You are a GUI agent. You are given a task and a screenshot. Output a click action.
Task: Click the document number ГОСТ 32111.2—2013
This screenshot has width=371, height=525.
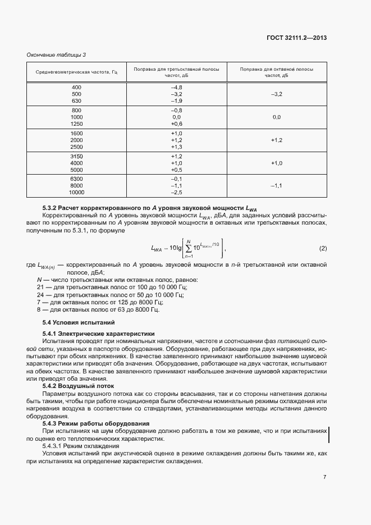tap(296, 38)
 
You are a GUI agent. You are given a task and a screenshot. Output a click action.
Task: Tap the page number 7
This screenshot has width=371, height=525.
tap(324, 477)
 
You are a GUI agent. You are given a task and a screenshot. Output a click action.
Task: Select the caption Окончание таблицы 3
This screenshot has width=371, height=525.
tap(57, 54)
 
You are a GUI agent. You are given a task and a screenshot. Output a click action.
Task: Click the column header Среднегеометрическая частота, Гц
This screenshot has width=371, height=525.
tap(76, 72)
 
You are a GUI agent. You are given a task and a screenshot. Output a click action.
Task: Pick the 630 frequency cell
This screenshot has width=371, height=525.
tap(76, 101)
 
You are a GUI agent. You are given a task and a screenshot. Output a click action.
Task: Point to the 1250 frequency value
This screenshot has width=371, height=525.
tap(76, 124)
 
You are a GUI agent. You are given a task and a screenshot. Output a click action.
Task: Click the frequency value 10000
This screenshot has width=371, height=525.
tap(76, 193)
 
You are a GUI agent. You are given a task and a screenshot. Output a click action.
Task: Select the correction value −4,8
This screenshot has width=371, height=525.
tap(176, 88)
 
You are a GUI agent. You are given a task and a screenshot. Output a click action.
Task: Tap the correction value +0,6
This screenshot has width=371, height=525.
tap(176, 124)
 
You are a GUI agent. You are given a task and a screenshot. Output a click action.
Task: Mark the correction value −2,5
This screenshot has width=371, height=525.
tap(176, 193)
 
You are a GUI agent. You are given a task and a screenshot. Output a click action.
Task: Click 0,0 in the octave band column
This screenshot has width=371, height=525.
tap(276, 117)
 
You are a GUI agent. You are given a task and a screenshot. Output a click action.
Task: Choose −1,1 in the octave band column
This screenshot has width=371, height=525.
tap(276, 186)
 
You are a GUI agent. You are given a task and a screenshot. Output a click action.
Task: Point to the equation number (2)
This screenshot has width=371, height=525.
tap(323, 248)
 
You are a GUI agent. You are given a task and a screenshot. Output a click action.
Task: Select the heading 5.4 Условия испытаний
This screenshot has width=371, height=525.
tap(79, 322)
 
